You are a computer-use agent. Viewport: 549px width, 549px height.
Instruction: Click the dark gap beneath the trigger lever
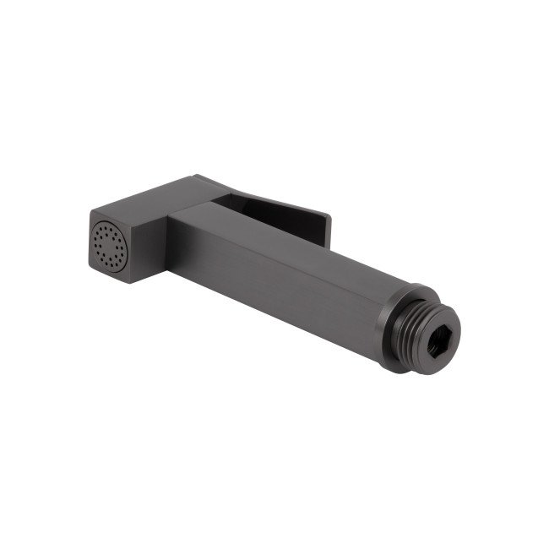(x=279, y=221)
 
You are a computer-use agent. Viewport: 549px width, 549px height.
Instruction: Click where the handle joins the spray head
(x=173, y=236)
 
